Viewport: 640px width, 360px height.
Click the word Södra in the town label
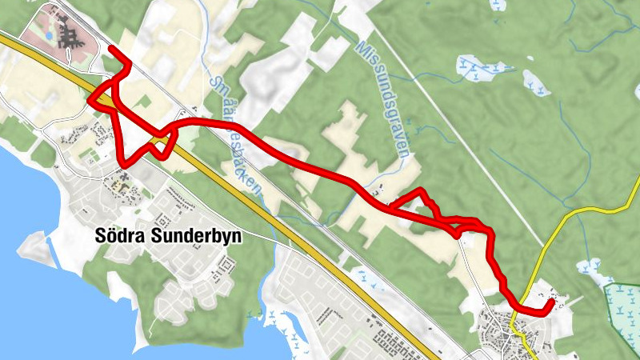pos(117,238)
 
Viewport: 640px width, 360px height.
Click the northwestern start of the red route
pos(110,50)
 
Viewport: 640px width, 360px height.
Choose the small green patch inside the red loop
pos(143,102)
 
